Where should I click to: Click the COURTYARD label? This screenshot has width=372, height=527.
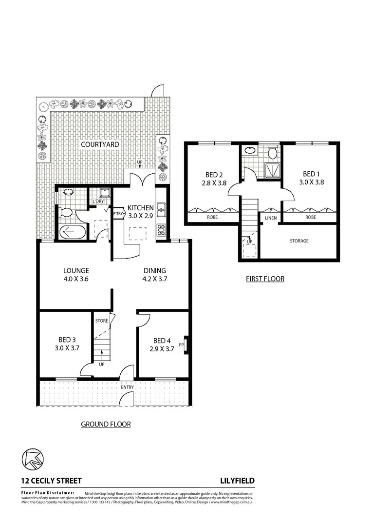[100, 144]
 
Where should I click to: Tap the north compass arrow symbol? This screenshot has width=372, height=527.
[33, 458]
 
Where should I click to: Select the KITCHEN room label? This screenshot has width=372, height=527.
[141, 208]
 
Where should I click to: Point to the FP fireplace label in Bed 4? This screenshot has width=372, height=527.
[181, 345]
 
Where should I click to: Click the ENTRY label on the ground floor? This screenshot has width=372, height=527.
[128, 387]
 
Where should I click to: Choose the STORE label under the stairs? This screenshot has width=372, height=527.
[102, 321]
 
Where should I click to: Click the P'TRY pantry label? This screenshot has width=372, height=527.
[118, 213]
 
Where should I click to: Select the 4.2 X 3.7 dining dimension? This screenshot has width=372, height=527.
[155, 280]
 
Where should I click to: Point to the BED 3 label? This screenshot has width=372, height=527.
[67, 340]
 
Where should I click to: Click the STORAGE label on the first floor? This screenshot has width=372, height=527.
[299, 241]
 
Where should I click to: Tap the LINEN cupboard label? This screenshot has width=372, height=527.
[271, 218]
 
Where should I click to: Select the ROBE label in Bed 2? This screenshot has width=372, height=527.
[212, 218]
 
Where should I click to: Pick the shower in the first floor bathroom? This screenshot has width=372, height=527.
[270, 169]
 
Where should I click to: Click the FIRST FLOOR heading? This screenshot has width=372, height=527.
[265, 279]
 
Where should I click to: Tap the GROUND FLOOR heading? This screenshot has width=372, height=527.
[106, 424]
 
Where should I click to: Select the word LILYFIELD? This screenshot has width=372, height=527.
[237, 481]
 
